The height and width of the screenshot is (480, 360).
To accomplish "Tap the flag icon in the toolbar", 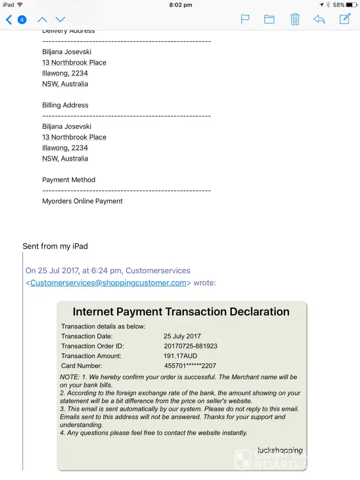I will pos(245,19).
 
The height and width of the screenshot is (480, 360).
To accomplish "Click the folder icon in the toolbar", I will pos(269,19).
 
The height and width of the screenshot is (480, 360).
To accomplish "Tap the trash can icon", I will pos(295,19).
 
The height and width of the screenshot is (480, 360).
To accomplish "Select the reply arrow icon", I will pos(319,19).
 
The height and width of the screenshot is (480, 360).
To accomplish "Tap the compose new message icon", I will pos(345,19).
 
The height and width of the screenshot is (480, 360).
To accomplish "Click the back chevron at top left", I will pos(9,20).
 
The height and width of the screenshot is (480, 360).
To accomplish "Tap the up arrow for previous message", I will pos(42,20).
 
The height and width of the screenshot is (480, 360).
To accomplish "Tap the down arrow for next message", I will pos(60,20).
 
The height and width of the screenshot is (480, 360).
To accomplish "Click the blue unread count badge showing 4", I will pos(22,20).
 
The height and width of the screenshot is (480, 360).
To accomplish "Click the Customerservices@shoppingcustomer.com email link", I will pos(108,283).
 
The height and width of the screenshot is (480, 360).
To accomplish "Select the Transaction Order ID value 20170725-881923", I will pos(191,346).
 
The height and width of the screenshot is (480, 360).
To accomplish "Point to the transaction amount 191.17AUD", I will pos(180,356).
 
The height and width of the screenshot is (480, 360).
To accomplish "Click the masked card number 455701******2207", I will pos(190,366).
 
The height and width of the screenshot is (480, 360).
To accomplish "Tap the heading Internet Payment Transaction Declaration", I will pos(181,312).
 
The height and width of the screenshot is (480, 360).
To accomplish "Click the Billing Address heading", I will pos(65,105).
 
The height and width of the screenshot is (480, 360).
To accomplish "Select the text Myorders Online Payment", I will pos(83,201).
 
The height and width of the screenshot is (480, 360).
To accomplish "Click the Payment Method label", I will pos(69,180).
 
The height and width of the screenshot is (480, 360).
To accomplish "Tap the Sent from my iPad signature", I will pos(55,246).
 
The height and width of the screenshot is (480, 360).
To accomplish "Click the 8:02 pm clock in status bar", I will pos(181,5).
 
